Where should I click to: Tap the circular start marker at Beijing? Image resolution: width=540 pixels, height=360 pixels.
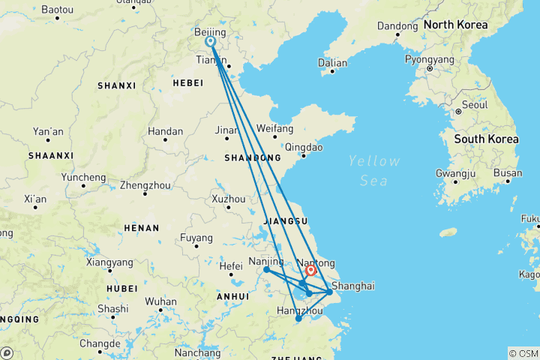211,42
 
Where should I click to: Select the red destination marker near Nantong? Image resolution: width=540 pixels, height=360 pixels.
310,270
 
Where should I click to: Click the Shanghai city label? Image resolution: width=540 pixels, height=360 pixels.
352,286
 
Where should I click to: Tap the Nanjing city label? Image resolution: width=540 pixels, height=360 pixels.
266,262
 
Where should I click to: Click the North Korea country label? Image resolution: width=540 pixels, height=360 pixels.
455,25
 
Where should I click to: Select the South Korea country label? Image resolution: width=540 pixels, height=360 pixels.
486,139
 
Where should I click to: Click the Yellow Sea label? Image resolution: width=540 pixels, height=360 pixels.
373,170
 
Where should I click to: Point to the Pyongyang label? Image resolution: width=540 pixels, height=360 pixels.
430,58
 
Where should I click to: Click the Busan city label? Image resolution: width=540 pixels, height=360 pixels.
508,173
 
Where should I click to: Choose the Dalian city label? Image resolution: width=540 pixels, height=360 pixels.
333,63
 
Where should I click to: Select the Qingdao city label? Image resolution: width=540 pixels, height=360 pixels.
304,147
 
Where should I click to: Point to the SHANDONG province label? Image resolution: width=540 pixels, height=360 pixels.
252,158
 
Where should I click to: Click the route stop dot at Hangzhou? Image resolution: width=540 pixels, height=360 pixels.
298,319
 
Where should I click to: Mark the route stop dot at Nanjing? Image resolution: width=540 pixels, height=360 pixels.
266,269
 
